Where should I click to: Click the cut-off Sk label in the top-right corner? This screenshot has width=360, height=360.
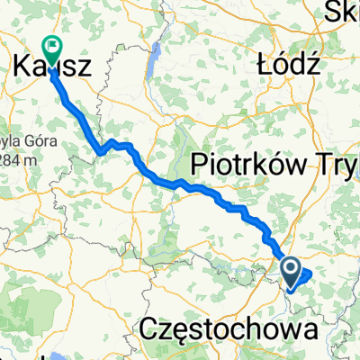[x=345, y=11]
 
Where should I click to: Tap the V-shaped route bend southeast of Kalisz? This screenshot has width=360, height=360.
[x=103, y=149]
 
